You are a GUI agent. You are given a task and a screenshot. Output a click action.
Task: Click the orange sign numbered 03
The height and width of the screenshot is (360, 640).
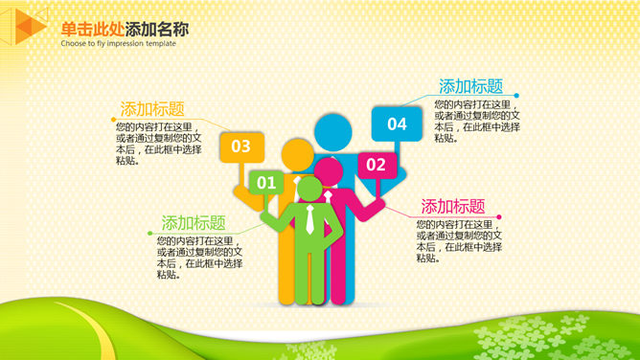[242, 147]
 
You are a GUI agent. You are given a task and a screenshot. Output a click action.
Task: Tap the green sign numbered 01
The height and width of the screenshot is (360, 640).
[266, 182]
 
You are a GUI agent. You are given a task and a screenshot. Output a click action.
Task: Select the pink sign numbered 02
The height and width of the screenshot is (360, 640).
[377, 165]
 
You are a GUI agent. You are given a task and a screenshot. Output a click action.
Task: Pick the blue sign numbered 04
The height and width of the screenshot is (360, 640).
[397, 124]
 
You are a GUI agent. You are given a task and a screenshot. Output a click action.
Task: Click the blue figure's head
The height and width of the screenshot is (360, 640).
[333, 132]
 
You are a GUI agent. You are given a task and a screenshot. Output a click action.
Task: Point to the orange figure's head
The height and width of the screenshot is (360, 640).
[298, 155]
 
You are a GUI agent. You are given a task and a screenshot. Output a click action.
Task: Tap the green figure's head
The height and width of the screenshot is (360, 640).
[309, 189]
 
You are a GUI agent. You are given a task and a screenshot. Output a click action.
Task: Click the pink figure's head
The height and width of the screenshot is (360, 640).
[329, 171]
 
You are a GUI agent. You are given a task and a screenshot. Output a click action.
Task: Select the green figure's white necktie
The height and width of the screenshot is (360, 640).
[309, 219]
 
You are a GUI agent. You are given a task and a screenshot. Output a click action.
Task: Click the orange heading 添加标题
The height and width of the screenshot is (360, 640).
[152, 109]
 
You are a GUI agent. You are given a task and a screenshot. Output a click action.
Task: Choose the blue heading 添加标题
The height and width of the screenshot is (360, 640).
[470, 86]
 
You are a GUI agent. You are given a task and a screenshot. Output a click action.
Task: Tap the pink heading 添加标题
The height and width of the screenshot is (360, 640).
[453, 206]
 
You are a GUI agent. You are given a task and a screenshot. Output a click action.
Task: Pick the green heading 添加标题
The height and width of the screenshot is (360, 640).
[194, 222]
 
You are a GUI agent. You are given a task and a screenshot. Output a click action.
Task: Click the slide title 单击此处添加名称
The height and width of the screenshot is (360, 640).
[125, 29]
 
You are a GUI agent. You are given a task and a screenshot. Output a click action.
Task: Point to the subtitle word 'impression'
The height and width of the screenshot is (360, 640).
[126, 43]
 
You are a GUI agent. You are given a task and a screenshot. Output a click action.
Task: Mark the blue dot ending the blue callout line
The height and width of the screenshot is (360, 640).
[516, 96]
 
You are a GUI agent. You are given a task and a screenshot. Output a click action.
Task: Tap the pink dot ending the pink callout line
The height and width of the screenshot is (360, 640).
[499, 217]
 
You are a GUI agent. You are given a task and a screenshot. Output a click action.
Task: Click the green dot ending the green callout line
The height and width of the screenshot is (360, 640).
[149, 234]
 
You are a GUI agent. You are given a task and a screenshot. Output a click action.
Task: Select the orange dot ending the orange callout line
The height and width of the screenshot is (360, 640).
[113, 120]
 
